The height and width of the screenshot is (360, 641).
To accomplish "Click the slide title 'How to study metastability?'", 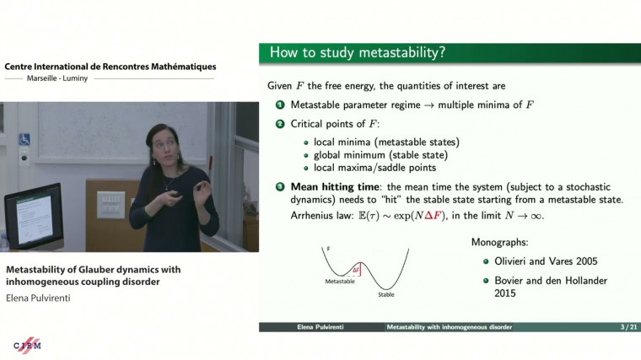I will click(358, 53).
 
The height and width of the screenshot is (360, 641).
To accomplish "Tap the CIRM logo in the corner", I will click(28, 345).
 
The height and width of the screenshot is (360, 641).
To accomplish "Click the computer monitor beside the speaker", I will click(31, 215).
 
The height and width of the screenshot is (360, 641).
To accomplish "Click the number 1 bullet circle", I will click(280, 105).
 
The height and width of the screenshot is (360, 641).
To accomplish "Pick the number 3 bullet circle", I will click(280, 187).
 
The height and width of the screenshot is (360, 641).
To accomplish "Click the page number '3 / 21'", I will click(614, 326).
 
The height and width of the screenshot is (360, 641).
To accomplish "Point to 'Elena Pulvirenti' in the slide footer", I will click(319, 326).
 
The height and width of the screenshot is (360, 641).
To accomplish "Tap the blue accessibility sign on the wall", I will click(24, 139).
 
